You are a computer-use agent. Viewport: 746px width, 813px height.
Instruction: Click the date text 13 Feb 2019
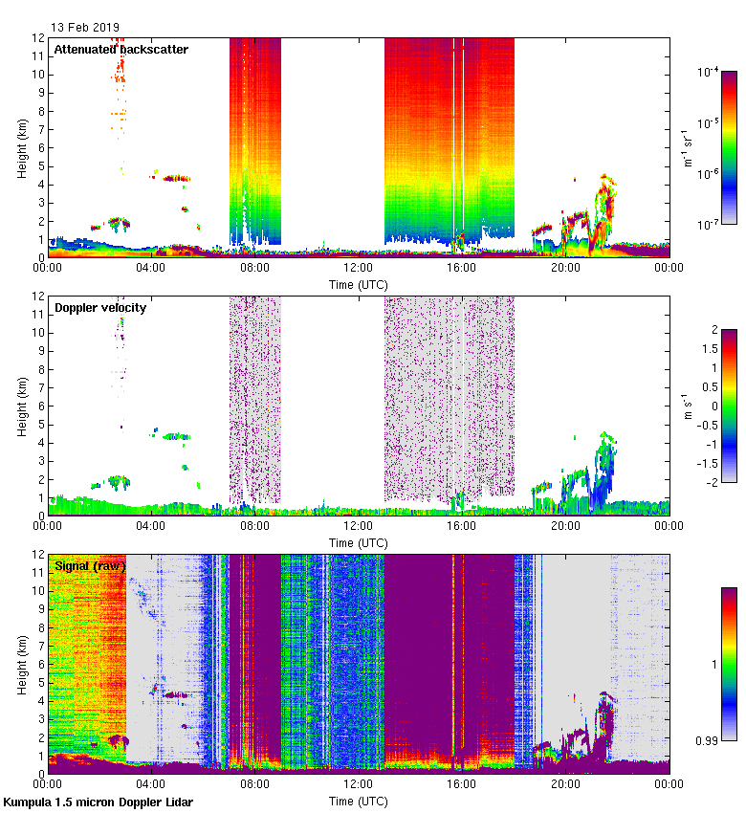85,27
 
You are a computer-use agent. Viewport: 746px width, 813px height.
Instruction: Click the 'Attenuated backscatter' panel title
121,49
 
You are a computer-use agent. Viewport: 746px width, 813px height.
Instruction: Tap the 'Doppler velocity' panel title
100,307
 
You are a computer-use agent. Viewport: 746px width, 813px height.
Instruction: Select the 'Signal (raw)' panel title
90,565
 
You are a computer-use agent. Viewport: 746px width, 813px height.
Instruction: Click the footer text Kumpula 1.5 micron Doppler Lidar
98,802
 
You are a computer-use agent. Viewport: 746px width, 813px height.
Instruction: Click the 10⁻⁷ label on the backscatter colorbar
708,224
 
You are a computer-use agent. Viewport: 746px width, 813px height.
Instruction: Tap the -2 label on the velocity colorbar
712,482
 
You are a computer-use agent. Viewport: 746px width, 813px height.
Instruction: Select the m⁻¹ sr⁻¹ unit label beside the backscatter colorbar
689,147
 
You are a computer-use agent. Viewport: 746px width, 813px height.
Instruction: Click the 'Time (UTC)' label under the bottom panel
359,802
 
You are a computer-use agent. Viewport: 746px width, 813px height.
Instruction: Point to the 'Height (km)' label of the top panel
22,147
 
